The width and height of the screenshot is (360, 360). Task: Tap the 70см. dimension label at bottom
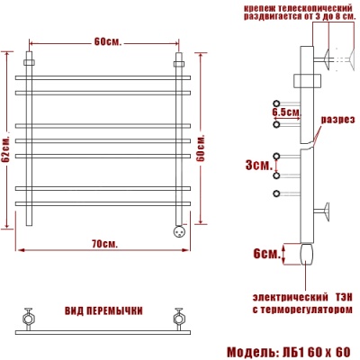[x=103, y=244]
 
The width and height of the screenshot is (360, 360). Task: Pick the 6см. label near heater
[x=266, y=254]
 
